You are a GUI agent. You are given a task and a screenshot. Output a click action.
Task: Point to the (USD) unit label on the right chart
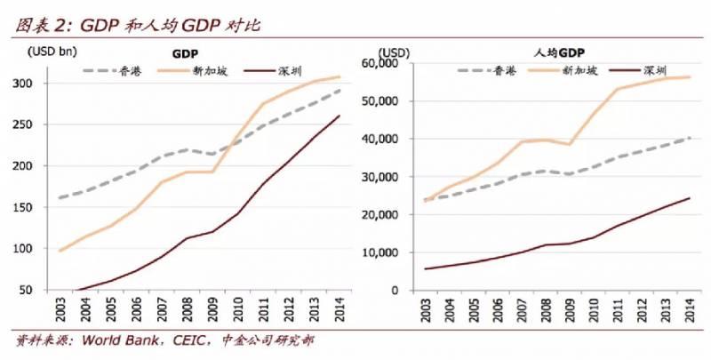coord(392,51)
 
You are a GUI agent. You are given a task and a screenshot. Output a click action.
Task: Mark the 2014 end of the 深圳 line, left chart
coord(340,116)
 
